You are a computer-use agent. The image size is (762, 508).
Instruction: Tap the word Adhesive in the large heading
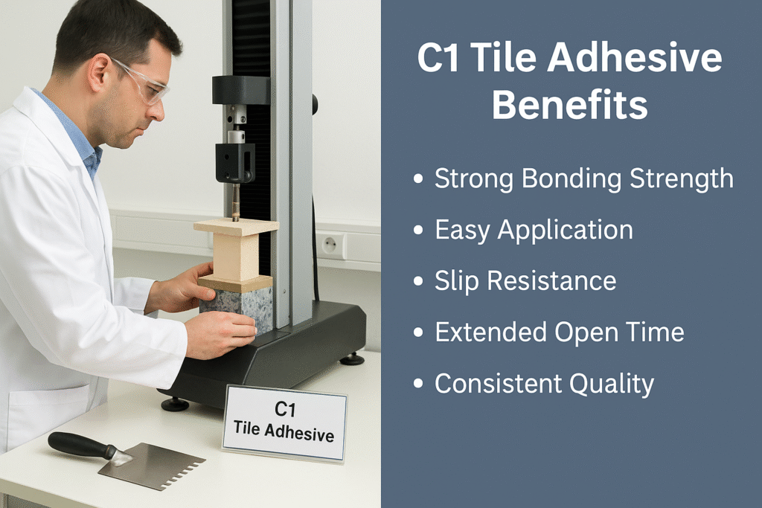tap(635, 58)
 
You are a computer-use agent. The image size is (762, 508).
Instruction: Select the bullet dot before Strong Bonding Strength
tap(418, 179)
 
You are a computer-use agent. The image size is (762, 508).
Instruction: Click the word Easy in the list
tap(462, 231)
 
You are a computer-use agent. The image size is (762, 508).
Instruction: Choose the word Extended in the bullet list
tap(491, 332)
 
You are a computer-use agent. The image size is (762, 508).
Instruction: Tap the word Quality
tap(612, 384)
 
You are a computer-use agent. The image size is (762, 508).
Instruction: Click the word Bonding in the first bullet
tap(571, 179)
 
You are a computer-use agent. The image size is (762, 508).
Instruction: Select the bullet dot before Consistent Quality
tap(418, 384)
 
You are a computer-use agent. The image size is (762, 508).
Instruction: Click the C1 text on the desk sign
tap(285, 409)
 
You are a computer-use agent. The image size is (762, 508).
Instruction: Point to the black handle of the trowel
tap(83, 445)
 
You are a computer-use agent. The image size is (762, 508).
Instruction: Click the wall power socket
tap(330, 245)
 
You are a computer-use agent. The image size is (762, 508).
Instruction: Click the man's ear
tap(99, 72)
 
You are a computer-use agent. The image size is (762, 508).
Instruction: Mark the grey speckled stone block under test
tap(237, 309)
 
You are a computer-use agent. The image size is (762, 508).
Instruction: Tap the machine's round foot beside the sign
tap(175, 404)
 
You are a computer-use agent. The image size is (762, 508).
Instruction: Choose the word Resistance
tap(551, 281)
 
